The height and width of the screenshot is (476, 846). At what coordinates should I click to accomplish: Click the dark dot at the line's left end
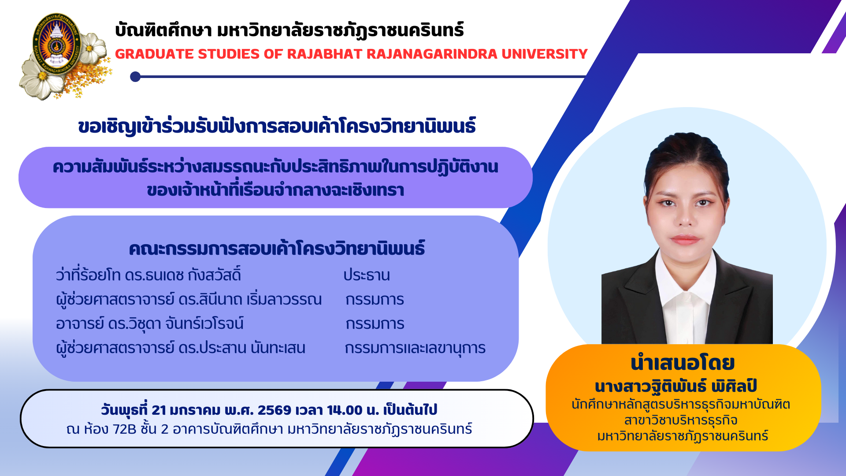[x=135, y=77]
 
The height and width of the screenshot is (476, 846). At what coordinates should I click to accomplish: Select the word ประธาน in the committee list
[x=367, y=275]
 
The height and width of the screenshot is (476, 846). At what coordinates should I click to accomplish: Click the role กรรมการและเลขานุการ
[x=415, y=348]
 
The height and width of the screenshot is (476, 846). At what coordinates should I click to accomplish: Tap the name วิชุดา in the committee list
[x=144, y=324]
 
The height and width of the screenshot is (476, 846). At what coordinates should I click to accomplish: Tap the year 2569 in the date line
[x=275, y=410]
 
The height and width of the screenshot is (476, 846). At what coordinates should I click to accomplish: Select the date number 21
[x=159, y=410]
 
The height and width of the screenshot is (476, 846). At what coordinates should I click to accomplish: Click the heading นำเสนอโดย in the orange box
[x=683, y=363]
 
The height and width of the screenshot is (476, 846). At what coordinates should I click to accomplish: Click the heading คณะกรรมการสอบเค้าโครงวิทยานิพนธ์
[x=277, y=249]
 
